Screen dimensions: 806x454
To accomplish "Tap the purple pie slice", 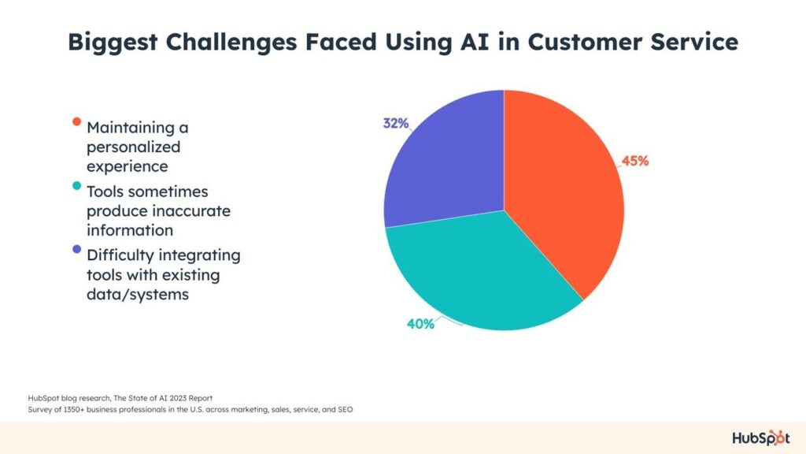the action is (x=447, y=165).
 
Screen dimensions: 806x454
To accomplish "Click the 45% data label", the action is (x=635, y=161).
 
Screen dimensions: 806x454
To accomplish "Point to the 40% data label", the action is (x=420, y=324).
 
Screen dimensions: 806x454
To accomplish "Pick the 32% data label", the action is (x=396, y=124).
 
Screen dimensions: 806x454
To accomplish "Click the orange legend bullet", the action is (x=76, y=122).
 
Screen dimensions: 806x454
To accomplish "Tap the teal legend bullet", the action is (x=76, y=186).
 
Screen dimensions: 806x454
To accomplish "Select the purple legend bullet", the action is (x=76, y=250).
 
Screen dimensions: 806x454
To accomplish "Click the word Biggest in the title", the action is (x=113, y=43).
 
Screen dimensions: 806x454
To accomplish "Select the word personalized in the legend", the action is (x=133, y=147).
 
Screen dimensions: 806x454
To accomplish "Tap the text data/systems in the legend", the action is (x=138, y=295).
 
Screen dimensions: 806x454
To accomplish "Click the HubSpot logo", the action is (x=761, y=438).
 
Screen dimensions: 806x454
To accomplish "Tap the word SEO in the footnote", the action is (x=345, y=410).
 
